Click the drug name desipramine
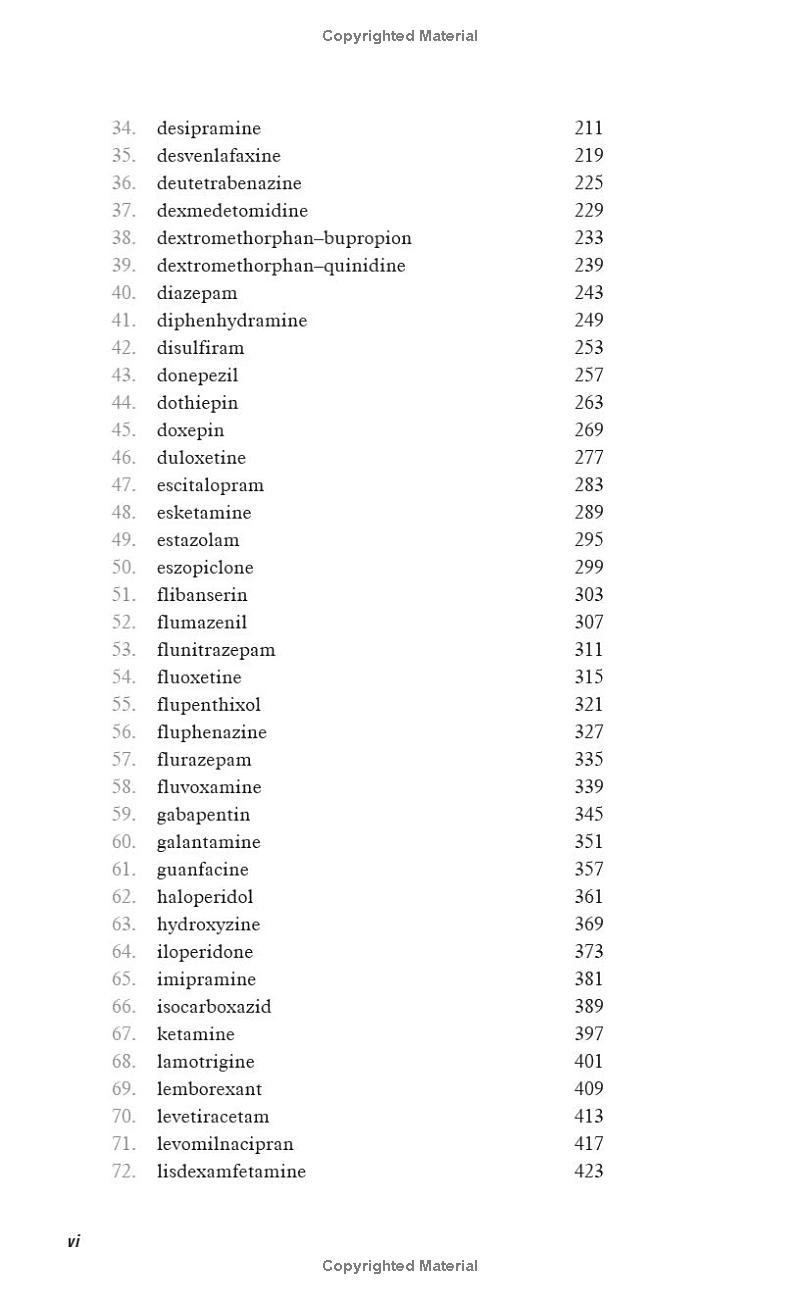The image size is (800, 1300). (x=208, y=128)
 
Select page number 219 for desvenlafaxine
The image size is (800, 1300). (x=589, y=155)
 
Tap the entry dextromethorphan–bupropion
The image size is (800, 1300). (x=284, y=238)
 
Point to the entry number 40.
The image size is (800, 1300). (x=123, y=293)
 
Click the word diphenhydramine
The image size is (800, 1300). (x=232, y=320)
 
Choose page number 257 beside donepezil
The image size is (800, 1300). (x=589, y=375)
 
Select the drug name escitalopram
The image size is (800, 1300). (x=210, y=485)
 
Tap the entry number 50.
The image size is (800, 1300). (x=123, y=567)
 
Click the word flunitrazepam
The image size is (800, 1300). (x=216, y=650)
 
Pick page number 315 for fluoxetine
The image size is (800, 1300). (x=589, y=677)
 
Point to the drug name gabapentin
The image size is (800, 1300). (x=203, y=814)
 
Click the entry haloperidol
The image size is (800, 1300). (x=205, y=897)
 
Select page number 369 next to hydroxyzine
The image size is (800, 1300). (x=589, y=924)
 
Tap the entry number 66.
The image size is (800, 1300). (x=123, y=1006)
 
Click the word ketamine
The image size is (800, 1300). (x=195, y=1034)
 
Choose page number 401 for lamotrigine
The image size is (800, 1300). (x=589, y=1061)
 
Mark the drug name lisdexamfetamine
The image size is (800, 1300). (x=231, y=1171)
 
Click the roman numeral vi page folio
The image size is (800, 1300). (x=73, y=1241)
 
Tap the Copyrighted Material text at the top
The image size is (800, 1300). (x=400, y=36)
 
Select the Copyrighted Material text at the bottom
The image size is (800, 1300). (x=400, y=1266)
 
